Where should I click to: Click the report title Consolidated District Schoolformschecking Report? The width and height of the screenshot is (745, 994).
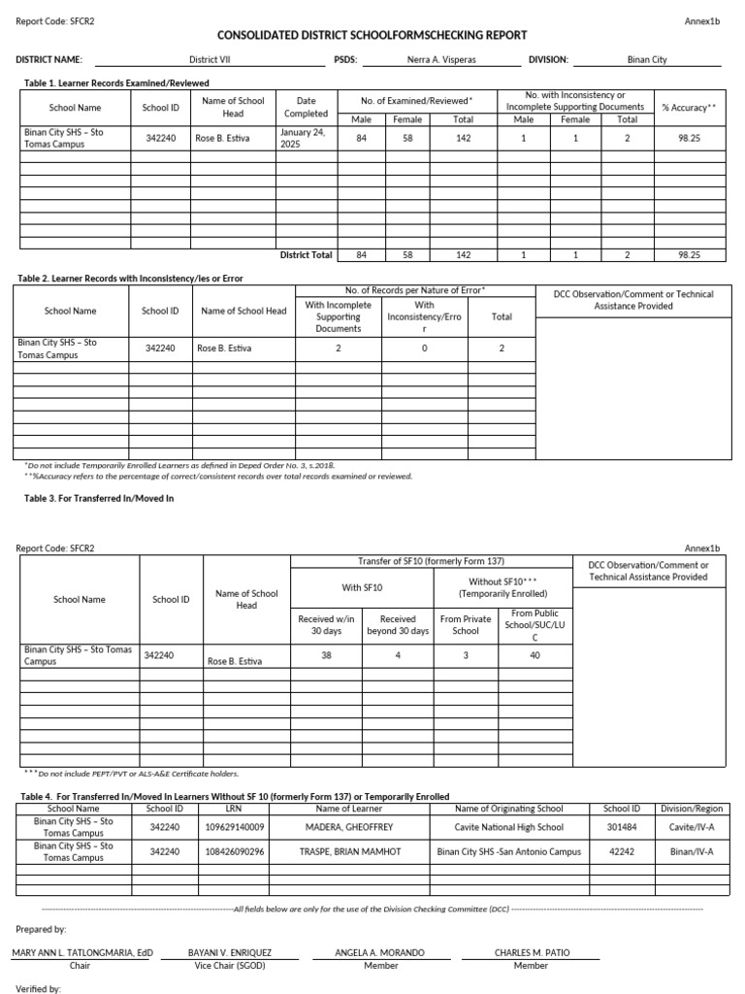tap(372, 35)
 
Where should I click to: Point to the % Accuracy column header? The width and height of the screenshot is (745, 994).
tap(689, 108)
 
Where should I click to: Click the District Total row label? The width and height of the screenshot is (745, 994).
tap(306, 255)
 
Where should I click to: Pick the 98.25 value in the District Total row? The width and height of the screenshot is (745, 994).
tap(689, 255)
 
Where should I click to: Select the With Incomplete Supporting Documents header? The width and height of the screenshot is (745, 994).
tap(338, 316)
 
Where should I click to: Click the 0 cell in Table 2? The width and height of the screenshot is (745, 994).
tap(424, 348)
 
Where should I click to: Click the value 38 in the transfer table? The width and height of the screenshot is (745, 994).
tap(326, 655)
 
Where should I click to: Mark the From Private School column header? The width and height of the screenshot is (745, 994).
tap(466, 624)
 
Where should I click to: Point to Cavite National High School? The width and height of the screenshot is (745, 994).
tap(508, 827)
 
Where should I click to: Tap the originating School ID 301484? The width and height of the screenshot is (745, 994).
tap(622, 827)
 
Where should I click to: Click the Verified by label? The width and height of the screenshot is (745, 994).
tap(39, 988)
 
